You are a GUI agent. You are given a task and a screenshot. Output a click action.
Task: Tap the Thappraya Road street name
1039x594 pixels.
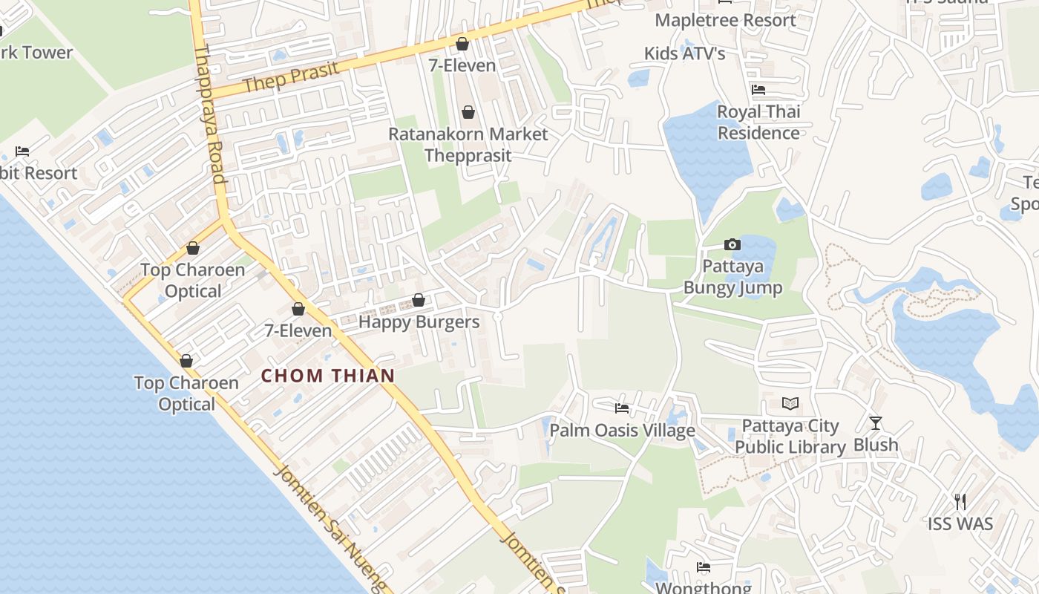pos(209,115)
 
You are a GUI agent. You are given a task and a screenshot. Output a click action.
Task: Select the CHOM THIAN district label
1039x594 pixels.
pos(327,376)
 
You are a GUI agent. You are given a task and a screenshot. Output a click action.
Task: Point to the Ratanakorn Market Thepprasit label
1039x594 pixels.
pos(468,145)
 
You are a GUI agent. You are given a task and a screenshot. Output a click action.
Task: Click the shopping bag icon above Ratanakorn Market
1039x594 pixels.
pos(468,112)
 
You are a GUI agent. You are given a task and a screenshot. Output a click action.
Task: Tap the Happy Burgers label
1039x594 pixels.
pos(419,322)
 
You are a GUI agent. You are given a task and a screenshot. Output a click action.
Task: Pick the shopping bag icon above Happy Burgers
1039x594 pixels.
pos(419,300)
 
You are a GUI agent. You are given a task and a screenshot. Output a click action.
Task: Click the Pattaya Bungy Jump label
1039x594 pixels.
pos(732,277)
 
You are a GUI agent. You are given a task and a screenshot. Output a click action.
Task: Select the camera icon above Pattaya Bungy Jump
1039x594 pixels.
pos(732,244)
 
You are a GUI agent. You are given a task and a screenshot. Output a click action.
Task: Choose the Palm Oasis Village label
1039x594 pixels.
pos(622,431)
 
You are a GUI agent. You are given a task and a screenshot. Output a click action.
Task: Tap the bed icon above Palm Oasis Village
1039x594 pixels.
pos(622,408)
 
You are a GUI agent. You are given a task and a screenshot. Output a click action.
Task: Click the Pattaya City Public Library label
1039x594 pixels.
pos(790,437)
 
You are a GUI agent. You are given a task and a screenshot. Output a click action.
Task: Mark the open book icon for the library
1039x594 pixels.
pos(791,404)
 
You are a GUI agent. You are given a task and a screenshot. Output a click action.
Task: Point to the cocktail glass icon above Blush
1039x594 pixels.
pos(876,423)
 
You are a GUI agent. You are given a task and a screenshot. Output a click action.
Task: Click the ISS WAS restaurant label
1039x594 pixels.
pos(960,523)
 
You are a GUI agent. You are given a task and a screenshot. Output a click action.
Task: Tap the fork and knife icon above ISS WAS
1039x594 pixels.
pos(960,501)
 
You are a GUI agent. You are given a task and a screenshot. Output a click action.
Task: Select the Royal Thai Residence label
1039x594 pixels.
pos(758,123)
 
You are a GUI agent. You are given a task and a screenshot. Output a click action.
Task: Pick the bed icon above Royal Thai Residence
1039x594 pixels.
pos(758,90)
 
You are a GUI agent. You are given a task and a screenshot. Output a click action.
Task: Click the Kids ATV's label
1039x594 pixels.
pos(684,53)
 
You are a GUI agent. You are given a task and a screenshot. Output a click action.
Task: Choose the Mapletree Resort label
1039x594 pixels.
pos(725,20)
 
